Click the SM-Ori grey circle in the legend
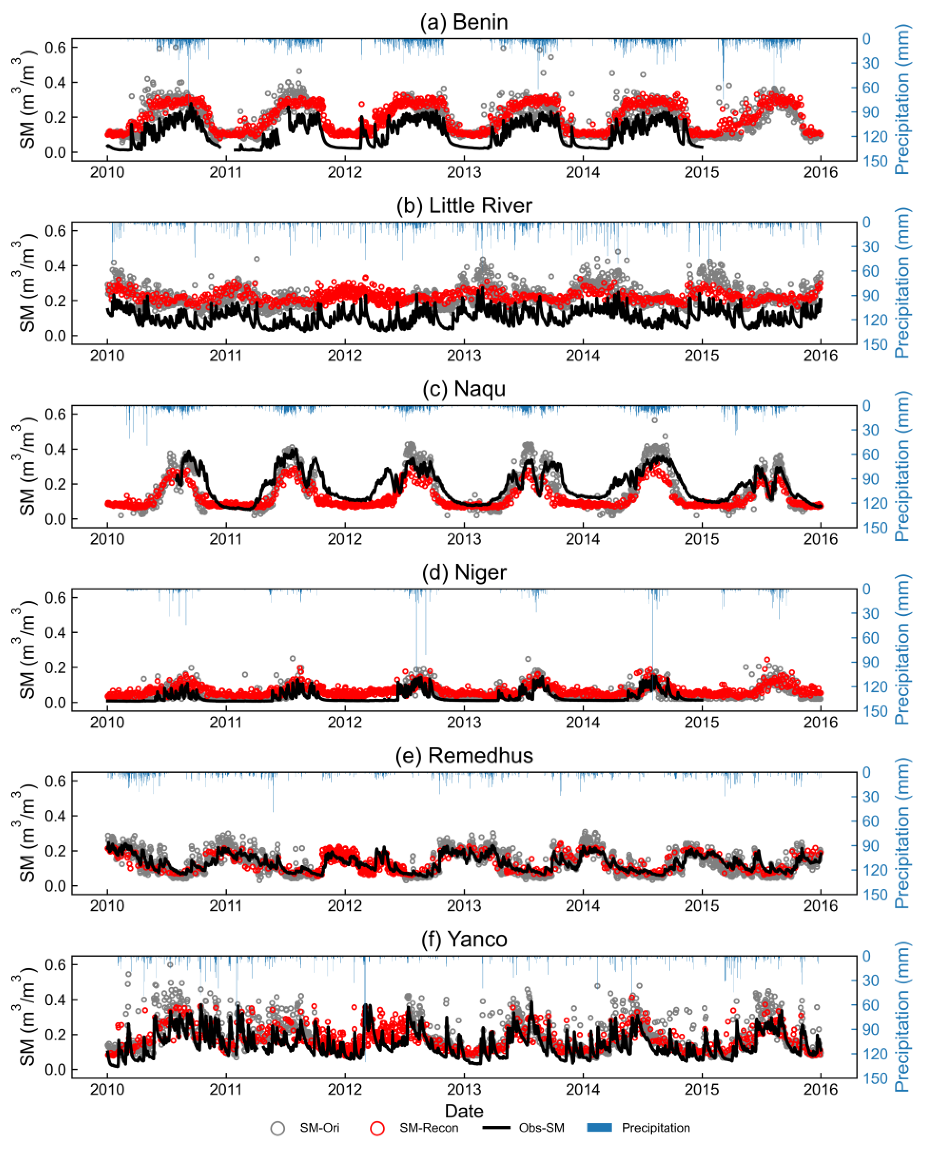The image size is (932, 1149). [278, 1128]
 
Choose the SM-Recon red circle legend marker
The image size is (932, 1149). [377, 1128]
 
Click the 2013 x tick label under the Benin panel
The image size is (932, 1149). [464, 172]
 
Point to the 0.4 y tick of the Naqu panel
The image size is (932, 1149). [55, 449]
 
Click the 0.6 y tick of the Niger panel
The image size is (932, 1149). [55, 597]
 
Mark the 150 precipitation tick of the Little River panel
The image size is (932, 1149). [875, 344]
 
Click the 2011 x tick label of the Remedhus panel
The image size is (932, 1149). [226, 906]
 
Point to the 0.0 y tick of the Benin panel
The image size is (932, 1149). [55, 152]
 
